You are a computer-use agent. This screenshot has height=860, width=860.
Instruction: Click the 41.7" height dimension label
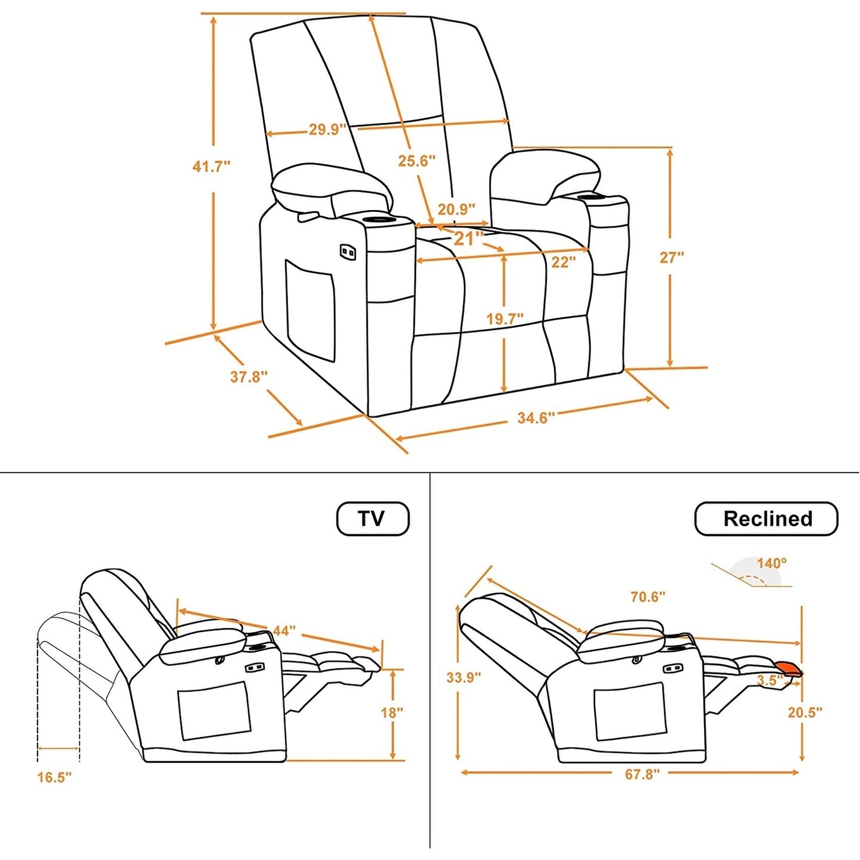[x=211, y=166]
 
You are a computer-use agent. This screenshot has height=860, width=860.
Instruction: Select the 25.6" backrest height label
[x=417, y=160]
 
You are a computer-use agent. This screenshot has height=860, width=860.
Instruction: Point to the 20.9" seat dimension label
[x=456, y=209]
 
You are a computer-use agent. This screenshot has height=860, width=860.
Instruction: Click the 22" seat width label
[x=562, y=262]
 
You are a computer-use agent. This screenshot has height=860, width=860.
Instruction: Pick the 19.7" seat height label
[x=505, y=318]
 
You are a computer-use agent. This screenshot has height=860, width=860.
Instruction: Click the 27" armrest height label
[x=671, y=257]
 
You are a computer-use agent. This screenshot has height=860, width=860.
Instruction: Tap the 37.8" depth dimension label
[x=249, y=376]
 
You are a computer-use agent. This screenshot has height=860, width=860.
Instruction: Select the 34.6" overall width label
[x=536, y=418]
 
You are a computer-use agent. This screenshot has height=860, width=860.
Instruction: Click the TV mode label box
[x=373, y=518]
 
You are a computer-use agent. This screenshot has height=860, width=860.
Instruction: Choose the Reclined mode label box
[x=767, y=518]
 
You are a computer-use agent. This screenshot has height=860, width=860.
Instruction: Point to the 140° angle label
[x=771, y=562]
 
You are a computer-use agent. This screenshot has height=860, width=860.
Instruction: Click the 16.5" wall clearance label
[x=54, y=777]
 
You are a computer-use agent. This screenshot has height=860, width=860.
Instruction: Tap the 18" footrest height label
[x=392, y=712]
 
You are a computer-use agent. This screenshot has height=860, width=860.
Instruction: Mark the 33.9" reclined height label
[x=464, y=677]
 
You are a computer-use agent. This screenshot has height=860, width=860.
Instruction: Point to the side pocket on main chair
[x=309, y=309]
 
